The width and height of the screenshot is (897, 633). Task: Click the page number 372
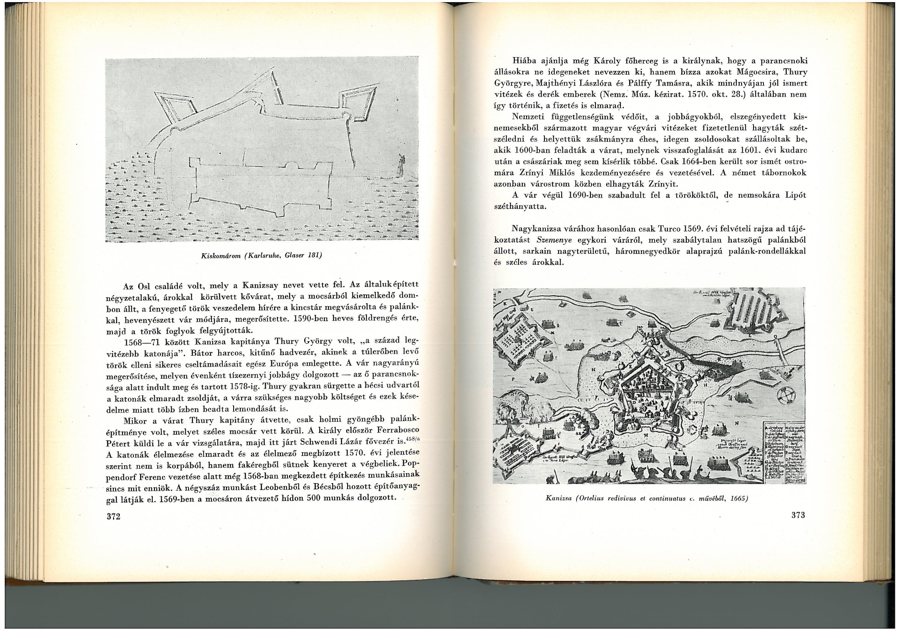point(113,517)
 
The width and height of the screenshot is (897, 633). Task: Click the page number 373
point(798,515)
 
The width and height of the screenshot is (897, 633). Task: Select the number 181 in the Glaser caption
point(313,255)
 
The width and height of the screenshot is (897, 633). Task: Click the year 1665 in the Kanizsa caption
point(739,498)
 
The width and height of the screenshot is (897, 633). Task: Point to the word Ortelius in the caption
point(591,498)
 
